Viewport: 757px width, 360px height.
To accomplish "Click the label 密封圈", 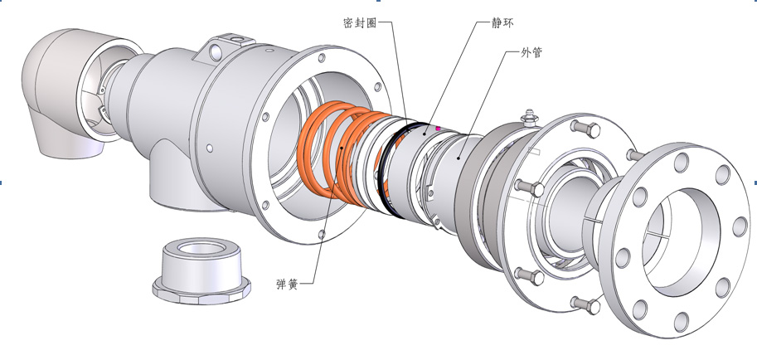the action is coord(360,22).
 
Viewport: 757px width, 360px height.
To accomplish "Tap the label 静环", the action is coord(503,22).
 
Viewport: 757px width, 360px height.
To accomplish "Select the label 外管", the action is coord(531,52).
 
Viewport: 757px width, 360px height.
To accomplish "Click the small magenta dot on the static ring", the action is coord(438,129).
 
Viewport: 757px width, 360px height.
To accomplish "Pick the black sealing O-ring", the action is coord(386,169).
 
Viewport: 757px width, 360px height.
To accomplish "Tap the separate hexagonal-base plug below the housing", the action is coord(201,270).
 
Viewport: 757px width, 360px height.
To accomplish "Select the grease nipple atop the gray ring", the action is coord(530,118).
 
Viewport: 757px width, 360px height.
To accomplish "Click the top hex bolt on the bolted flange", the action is coord(585,129).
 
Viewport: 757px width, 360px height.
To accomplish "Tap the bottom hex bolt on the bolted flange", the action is coord(585,304).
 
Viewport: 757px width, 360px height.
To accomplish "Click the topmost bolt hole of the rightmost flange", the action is coord(681,162).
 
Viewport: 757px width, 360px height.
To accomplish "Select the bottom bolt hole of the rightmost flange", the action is coord(682,322).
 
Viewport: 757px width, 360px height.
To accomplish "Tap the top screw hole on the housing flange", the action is coord(322,58).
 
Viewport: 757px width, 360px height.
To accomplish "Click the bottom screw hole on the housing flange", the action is coord(322,235).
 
